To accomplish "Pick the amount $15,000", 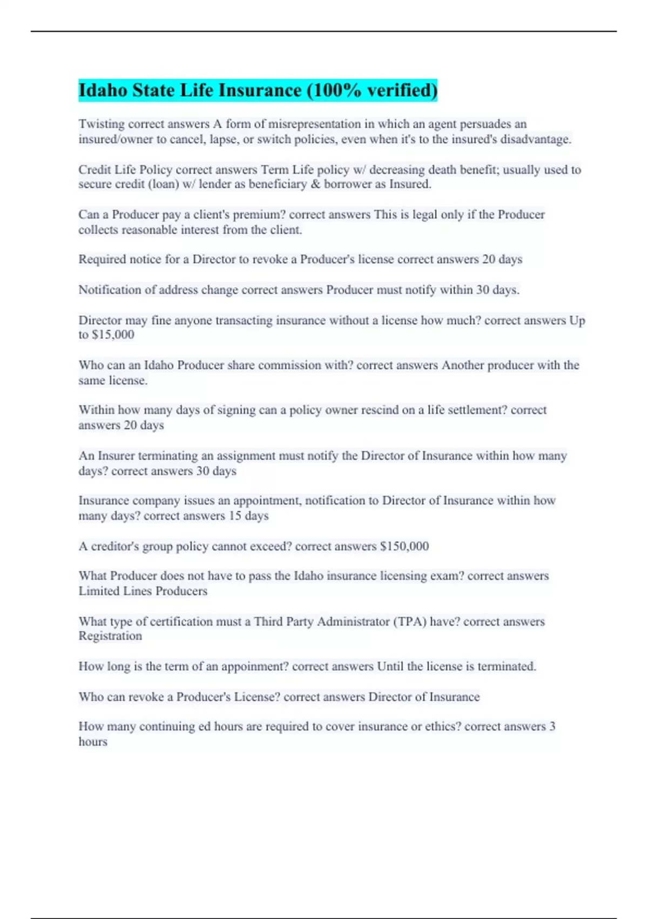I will tap(113, 335).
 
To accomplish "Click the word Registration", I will tap(110, 636).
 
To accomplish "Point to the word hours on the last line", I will tap(93, 742).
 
